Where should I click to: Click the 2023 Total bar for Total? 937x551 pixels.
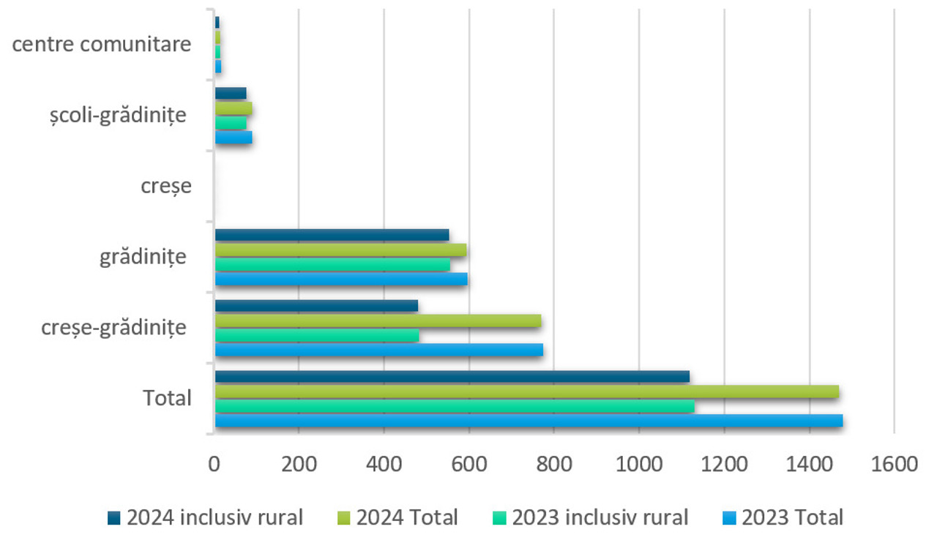[529, 421]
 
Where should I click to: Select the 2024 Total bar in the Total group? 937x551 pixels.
[527, 391]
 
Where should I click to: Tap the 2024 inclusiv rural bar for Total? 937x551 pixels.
[452, 377]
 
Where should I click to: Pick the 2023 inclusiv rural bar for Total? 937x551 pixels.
[455, 406]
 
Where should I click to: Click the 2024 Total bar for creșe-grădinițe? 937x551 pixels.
[378, 321]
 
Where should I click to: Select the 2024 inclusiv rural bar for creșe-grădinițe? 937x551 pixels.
[316, 306]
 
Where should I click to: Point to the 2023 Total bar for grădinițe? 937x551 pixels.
[341, 279]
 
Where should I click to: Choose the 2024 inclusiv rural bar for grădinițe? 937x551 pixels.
[332, 235]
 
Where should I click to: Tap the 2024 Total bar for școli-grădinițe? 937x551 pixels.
[234, 108]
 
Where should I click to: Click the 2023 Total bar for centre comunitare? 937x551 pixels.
[218, 67]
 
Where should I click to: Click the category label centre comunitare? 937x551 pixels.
[102, 45]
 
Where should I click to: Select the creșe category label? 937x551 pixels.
[166, 186]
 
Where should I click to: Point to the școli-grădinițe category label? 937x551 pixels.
[115, 115]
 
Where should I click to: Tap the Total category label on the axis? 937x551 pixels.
[167, 399]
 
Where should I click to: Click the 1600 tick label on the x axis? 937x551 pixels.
[894, 464]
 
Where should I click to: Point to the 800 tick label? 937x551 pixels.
[554, 464]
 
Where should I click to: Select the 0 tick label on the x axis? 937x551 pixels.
[214, 464]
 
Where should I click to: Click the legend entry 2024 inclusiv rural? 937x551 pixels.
[214, 518]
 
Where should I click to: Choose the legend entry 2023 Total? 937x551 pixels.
[793, 518]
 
